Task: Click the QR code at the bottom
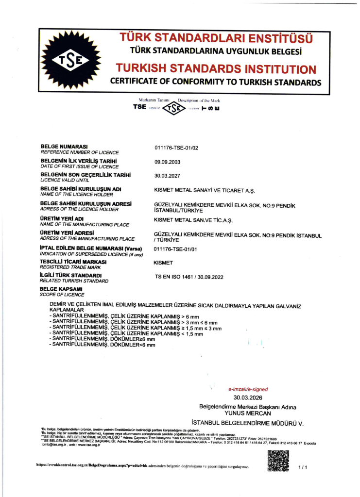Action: pos(278,461)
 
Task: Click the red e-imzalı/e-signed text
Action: pos(248,389)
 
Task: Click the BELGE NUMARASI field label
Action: pos(63,146)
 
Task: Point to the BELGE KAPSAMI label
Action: pos(62,289)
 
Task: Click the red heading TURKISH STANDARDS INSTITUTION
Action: pos(215,69)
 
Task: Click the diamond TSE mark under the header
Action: pos(174,107)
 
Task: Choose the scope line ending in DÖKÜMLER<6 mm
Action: pos(103,345)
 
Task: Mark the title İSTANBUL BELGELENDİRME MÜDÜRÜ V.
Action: pos(247,423)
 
